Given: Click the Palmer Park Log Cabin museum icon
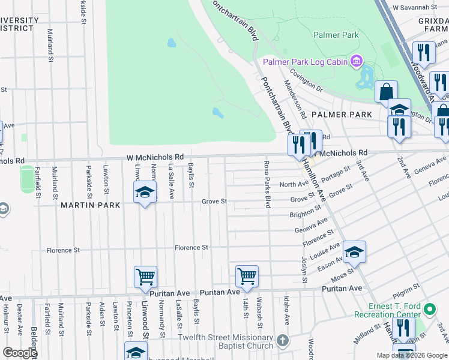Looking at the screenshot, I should coord(357,61).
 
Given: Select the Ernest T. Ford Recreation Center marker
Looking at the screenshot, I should coord(429,310).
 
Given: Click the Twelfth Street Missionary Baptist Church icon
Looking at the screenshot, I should coord(283,341).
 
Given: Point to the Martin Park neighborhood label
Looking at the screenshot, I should coord(90,205).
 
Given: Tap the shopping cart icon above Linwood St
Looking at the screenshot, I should coord(145,277).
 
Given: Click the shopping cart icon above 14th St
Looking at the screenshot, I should coord(247,276).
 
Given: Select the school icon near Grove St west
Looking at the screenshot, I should coord(144,193).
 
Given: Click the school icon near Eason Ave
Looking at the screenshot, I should coord(354,252).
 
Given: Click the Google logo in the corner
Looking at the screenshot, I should coord(20,353).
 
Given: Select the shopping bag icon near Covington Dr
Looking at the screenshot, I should coord(385,92).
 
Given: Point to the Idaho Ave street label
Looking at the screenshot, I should coord(287,314).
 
